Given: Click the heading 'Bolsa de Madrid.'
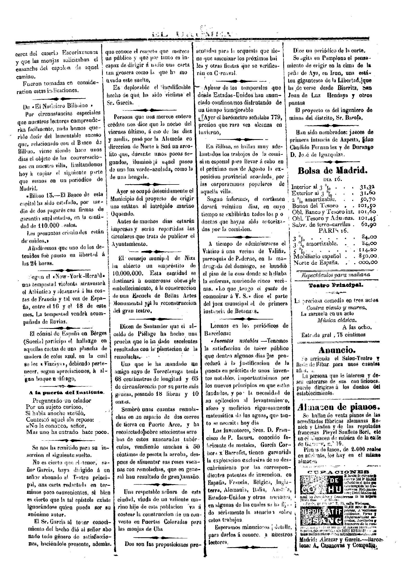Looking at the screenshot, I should point(333,171).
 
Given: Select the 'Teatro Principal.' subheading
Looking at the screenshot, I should point(336,285).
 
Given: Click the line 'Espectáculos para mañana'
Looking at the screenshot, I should point(335,275).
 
